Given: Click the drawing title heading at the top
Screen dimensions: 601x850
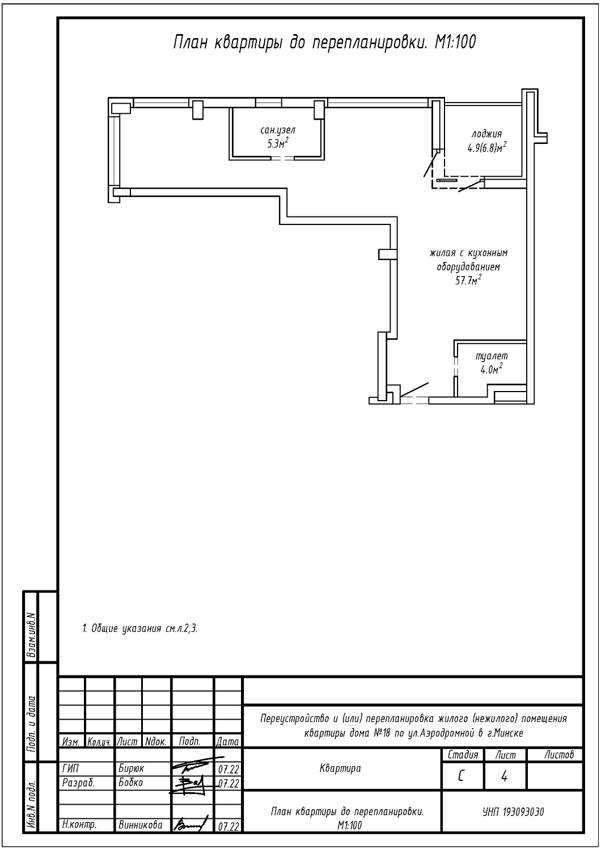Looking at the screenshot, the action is tap(324, 42).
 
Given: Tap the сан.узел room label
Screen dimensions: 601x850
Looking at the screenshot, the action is tap(278, 130).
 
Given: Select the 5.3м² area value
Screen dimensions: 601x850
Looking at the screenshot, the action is tap(278, 143).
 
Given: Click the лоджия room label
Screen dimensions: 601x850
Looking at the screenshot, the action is tap(486, 134).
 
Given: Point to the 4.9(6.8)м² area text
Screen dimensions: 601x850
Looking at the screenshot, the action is tap(487, 147).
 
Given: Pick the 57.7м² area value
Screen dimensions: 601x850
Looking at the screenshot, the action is tap(468, 280).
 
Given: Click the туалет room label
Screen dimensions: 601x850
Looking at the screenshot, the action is tap(492, 356).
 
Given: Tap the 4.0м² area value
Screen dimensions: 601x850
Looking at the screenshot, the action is tap(492, 369).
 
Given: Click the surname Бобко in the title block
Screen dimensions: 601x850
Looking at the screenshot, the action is tap(130, 783).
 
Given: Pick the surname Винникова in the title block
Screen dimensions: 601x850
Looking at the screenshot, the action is tap(141, 824).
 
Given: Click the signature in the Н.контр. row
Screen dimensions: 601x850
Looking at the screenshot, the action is tap(191, 823).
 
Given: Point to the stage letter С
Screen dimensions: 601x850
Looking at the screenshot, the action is tap(461, 777).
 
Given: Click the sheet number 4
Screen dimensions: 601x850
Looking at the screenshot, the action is tap(504, 777).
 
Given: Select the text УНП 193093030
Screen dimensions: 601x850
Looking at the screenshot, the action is tap(513, 811).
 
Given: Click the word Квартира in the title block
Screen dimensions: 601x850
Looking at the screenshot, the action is tap(340, 769).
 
